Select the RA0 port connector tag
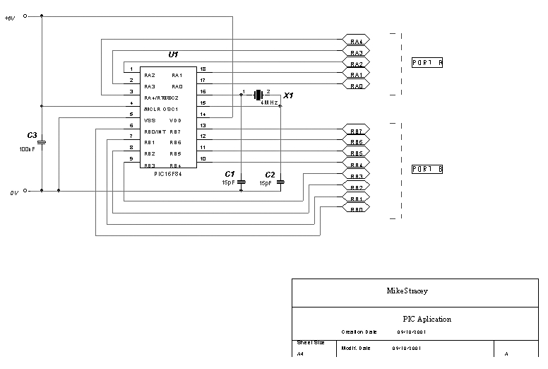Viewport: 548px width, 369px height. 357,86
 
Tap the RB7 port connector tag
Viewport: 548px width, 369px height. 357,131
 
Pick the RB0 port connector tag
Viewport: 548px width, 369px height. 357,210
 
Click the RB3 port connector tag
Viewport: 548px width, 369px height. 357,176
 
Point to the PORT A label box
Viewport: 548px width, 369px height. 427,62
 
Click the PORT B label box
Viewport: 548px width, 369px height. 427,170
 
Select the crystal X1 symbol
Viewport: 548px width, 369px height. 259,95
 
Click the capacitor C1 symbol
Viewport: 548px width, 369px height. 241,182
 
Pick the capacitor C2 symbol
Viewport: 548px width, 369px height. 280,182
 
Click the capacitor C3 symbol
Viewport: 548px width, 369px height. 42,142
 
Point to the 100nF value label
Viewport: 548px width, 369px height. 28,149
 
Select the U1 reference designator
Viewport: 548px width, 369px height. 172,54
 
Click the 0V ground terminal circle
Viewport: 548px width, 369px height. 25,191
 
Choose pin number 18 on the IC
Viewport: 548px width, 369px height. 203,69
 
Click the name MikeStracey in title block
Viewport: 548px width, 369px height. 406,291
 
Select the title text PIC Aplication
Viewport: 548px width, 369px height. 427,319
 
